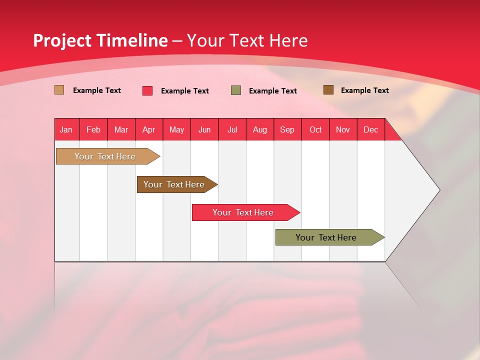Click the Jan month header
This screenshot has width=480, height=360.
[66, 129]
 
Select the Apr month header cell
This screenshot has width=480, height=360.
[149, 129]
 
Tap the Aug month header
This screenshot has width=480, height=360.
[260, 129]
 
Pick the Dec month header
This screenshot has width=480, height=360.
[370, 129]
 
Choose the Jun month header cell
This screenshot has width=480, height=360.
[204, 129]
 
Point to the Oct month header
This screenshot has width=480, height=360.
[315, 129]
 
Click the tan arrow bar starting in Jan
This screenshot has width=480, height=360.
[105, 156]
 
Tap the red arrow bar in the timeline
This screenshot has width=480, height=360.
[243, 212]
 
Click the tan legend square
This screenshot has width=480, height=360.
[59, 90]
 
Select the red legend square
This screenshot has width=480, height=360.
[147, 90]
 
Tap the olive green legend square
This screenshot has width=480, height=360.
[236, 90]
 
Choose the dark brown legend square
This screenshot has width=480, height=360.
[328, 90]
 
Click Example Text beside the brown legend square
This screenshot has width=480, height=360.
[364, 90]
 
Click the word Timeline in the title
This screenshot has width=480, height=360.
[132, 40]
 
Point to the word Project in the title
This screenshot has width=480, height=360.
[62, 40]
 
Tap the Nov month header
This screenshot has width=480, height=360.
[343, 129]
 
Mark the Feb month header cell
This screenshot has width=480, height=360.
[93, 129]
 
